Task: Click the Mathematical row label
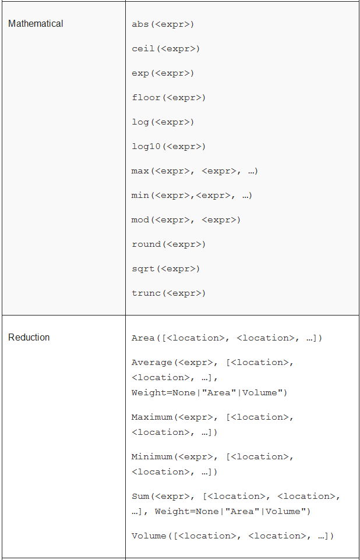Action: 36,24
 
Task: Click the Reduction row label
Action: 29,338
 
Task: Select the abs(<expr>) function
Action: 163,24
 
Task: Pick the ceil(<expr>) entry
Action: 165,49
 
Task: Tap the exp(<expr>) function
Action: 163,73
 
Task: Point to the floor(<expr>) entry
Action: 169,98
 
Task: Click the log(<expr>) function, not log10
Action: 163,122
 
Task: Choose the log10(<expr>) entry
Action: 169,147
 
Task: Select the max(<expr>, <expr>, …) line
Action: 195,171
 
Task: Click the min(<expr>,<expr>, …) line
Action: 192,196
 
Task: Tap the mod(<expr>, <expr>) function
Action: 186,220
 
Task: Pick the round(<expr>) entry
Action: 169,244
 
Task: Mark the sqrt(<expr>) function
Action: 165,269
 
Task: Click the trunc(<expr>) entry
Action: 169,293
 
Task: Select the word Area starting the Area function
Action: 143,338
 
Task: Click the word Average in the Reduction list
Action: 152,363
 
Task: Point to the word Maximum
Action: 152,417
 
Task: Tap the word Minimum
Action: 152,457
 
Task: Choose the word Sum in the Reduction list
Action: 140,497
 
